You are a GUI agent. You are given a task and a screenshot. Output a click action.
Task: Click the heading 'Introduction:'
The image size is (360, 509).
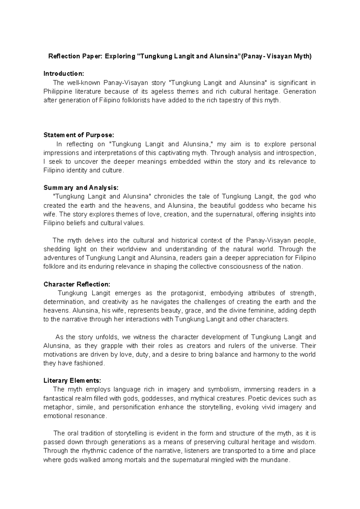pyautogui.click(x=64, y=74)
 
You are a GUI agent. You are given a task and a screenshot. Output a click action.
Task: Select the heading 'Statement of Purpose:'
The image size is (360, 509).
pyautogui.click(x=79, y=135)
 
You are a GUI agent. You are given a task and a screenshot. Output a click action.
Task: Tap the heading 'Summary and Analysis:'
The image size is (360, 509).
pyautogui.click(x=81, y=188)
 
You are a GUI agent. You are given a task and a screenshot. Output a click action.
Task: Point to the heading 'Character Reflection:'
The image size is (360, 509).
pyautogui.click(x=77, y=284)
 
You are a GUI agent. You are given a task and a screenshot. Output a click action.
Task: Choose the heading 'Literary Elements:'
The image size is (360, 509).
pyautogui.click(x=72, y=381)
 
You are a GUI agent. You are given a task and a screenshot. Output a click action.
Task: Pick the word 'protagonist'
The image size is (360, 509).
pyautogui.click(x=188, y=293)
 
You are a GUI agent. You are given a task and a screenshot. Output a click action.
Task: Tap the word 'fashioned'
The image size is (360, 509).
pyautogui.click(x=89, y=363)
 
